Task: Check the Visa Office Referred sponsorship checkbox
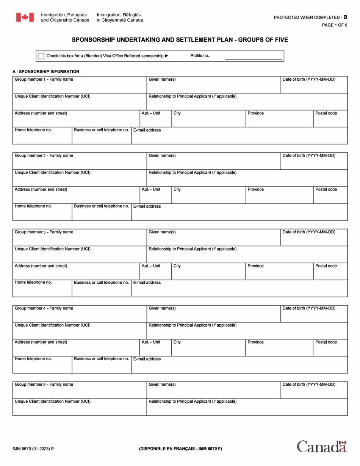[x=41, y=56]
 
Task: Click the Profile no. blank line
[x=253, y=56]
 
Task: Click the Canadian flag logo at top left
[x=25, y=17]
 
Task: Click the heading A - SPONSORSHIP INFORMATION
[x=46, y=71]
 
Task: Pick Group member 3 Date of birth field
[x=314, y=239]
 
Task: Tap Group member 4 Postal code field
[x=330, y=350]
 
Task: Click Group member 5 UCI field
[x=80, y=409]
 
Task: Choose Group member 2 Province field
[x=279, y=197]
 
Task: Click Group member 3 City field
[x=208, y=273]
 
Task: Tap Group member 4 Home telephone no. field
[x=42, y=366]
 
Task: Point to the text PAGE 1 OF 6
[x=334, y=25]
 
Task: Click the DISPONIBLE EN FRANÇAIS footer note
[x=180, y=449]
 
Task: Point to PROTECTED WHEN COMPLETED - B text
[x=310, y=17]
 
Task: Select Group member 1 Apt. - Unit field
[x=155, y=121]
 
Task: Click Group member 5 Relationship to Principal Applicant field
[x=246, y=409]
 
